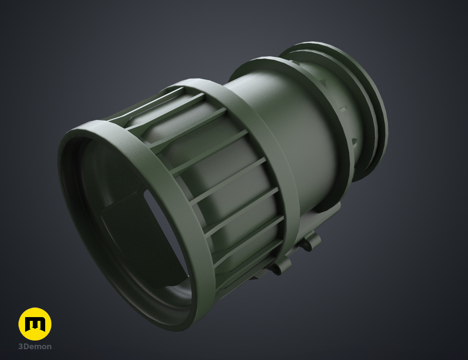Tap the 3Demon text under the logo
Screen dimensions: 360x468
pos(35,347)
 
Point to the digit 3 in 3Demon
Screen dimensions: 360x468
pos(21,347)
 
